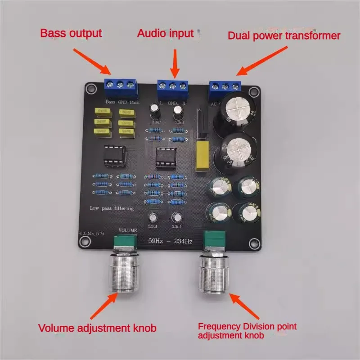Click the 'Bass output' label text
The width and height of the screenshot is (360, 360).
[72, 33]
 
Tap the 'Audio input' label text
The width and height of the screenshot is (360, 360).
[165, 33]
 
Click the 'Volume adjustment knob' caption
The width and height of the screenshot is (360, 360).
[97, 328]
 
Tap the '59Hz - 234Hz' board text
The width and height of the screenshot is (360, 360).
[170, 242]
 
